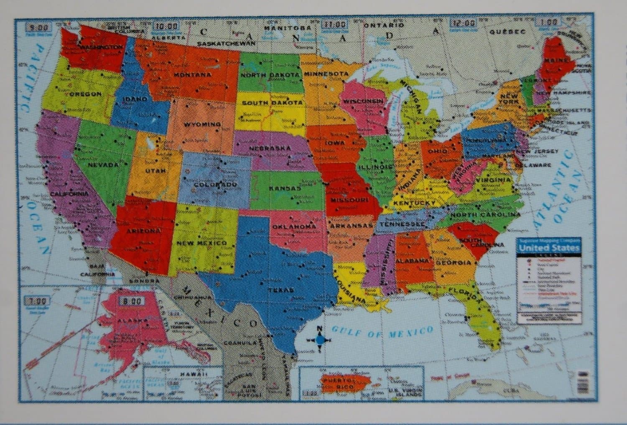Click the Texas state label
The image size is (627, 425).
281,290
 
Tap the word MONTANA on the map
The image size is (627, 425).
192,75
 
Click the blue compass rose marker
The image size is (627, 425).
319,340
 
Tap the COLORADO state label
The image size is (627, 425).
215,184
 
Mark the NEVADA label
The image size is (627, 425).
103,165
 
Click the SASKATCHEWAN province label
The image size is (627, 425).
226,43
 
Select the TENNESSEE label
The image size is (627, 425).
400,224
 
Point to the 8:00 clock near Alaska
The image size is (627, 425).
131,301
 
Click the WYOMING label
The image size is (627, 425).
202,124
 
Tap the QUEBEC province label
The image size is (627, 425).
507,32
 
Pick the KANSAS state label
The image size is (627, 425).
285,188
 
